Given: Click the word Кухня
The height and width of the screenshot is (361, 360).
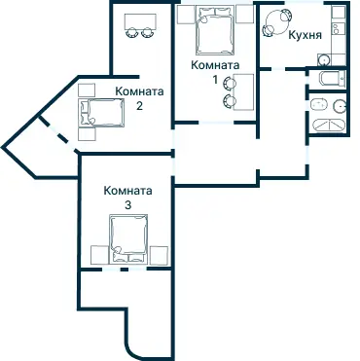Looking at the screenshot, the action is [x=305, y=35].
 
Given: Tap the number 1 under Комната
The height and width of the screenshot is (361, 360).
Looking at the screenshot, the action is [x=215, y=79].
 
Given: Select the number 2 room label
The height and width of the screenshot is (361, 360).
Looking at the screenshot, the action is [x=139, y=106].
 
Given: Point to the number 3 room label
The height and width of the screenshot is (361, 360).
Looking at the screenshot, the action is [x=127, y=205].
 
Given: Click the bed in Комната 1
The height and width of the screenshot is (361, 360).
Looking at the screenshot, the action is [x=215, y=31].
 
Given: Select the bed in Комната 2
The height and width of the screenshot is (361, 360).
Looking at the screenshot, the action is [x=102, y=112].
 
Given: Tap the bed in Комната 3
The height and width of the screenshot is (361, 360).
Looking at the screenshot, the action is [x=128, y=238].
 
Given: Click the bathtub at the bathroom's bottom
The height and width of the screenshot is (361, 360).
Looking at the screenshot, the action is [x=328, y=126].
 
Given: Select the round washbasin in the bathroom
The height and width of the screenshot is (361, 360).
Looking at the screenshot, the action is [x=340, y=106].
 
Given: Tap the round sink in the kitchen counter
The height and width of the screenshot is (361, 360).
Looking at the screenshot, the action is [x=324, y=59].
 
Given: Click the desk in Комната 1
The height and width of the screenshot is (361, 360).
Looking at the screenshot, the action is [x=243, y=92].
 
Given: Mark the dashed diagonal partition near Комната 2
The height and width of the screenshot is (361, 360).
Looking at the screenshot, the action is [x=58, y=133].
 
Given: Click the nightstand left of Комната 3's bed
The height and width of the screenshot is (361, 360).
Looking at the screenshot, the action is [x=99, y=255].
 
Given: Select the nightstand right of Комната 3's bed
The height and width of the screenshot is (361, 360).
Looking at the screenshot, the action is [x=159, y=255].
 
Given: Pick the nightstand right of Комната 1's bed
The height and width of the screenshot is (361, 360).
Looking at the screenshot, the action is [x=244, y=15].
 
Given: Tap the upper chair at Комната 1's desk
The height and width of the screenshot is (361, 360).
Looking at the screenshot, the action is [x=230, y=83].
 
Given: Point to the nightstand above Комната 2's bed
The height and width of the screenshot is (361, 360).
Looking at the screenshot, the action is [x=87, y=90].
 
